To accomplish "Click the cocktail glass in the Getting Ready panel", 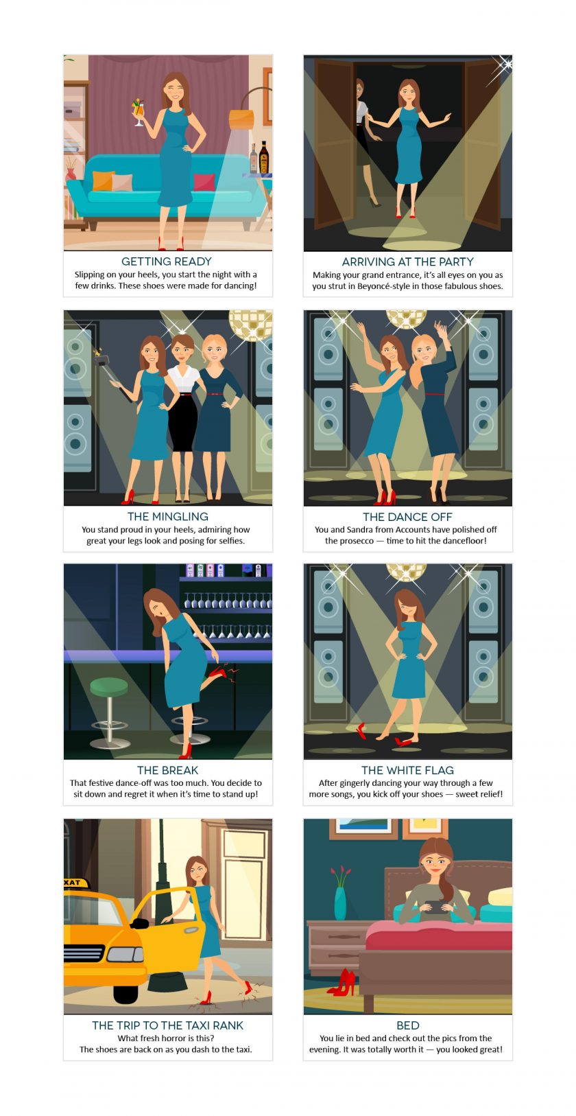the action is (x=139, y=112).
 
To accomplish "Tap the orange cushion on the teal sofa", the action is (x=103, y=181).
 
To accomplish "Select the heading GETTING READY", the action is (x=167, y=261).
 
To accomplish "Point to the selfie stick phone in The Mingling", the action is (x=101, y=359).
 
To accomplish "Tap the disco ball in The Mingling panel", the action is (x=250, y=325).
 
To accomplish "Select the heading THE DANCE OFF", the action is (x=407, y=517).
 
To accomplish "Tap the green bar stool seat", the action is (x=109, y=686).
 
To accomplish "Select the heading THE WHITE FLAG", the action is (x=407, y=770).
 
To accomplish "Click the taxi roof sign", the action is (x=76, y=883).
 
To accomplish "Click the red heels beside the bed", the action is (x=342, y=982).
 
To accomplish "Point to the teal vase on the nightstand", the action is (x=341, y=903).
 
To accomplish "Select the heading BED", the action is (x=408, y=1025).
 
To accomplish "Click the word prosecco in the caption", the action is (x=357, y=541).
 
